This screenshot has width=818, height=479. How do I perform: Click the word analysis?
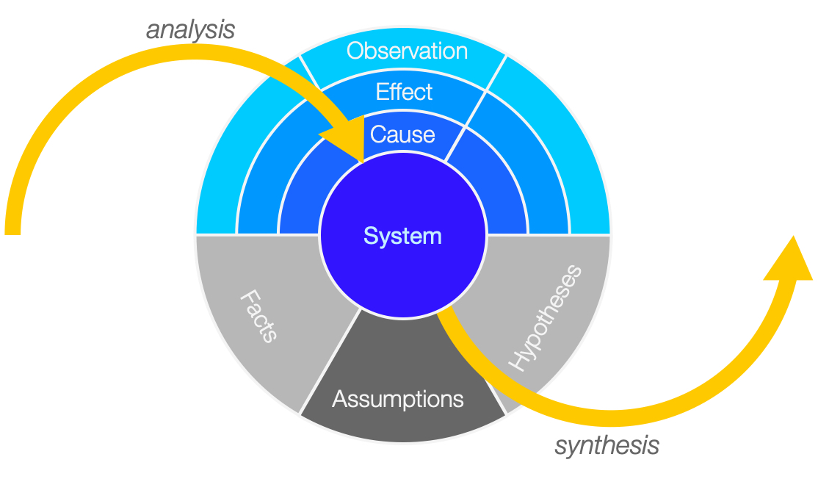click(x=190, y=29)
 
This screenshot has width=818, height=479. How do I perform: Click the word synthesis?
click(x=607, y=446)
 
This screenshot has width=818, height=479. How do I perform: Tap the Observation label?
click(x=407, y=51)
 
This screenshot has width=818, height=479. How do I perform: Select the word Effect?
click(x=404, y=92)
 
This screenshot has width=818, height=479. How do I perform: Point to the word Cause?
click(x=402, y=134)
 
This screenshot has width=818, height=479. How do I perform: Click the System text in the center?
click(x=402, y=236)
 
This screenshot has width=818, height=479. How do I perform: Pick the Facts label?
click(x=258, y=316)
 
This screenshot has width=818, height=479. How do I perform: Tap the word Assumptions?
click(x=397, y=399)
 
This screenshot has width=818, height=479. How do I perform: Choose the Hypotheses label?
click(x=545, y=318)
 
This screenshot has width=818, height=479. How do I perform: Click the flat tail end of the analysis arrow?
click(x=12, y=234)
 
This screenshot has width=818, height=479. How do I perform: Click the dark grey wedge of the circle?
click(x=402, y=381)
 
